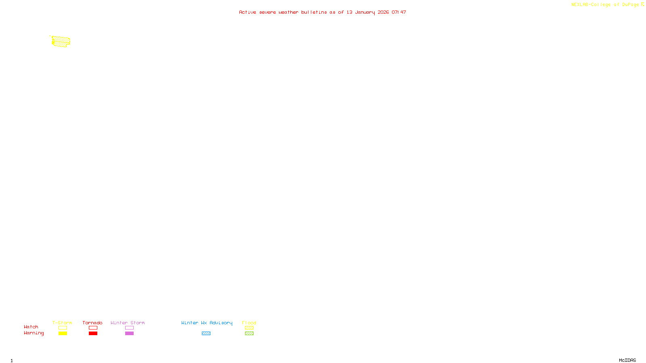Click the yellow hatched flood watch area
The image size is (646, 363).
tap(61, 41)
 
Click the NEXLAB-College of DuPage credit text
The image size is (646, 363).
tap(605, 5)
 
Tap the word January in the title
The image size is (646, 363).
tap(365, 12)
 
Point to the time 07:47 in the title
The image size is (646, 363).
tap(399, 12)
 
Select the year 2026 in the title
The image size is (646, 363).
tap(383, 12)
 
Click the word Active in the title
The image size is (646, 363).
tap(247, 12)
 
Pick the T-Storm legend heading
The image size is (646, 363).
tap(62, 323)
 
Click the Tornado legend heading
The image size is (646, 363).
tap(92, 323)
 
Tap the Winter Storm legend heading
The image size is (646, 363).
tap(128, 323)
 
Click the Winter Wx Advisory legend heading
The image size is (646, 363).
tap(207, 323)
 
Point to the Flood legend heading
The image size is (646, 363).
tap(249, 323)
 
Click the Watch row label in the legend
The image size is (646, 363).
tap(31, 327)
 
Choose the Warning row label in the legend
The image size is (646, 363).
tap(34, 333)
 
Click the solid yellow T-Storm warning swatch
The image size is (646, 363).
tap(63, 334)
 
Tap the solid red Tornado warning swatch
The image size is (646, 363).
tap(93, 334)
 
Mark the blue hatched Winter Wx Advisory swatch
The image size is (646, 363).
tap(206, 334)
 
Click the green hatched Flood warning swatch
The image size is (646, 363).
tap(249, 334)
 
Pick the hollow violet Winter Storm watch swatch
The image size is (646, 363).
tap(129, 328)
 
